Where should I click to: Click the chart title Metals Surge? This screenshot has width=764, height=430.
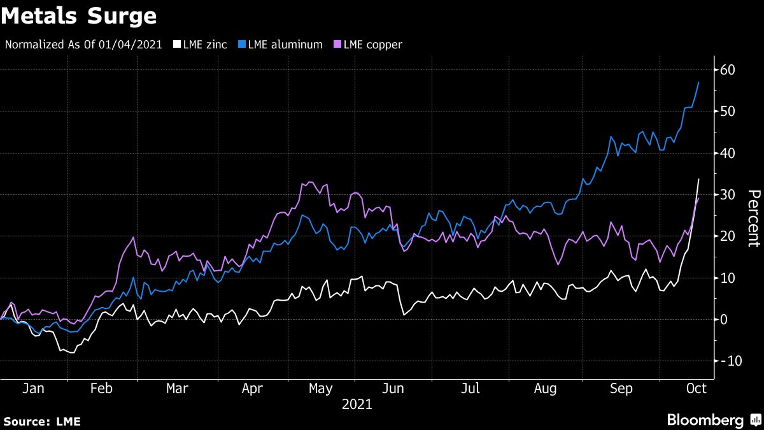pyautogui.click(x=79, y=15)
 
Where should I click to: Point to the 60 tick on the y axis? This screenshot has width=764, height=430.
pyautogui.click(x=727, y=69)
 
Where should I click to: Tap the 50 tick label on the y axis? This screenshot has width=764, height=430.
pyautogui.click(x=727, y=111)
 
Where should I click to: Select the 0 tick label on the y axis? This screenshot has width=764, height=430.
pyautogui.click(x=723, y=319)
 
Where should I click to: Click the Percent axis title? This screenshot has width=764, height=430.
pyautogui.click(x=753, y=218)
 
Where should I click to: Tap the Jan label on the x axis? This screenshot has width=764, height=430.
pyautogui.click(x=34, y=389)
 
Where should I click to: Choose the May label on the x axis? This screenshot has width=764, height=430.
pyautogui.click(x=320, y=389)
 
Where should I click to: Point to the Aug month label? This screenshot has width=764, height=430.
pyautogui.click(x=545, y=389)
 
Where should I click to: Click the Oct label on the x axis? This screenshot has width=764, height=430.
pyautogui.click(x=696, y=389)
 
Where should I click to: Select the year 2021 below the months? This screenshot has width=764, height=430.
pyautogui.click(x=357, y=405)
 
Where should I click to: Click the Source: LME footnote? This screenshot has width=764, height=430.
pyautogui.click(x=42, y=421)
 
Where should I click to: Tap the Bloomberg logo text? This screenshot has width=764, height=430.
pyautogui.click(x=705, y=420)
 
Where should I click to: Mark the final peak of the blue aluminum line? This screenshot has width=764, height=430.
pyautogui.click(x=699, y=82)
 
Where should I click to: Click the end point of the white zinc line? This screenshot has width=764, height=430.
pyautogui.click(x=699, y=179)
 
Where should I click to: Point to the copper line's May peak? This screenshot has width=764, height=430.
pyautogui.click(x=309, y=182)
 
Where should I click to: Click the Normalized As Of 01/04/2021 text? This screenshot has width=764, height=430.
pyautogui.click(x=83, y=45)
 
